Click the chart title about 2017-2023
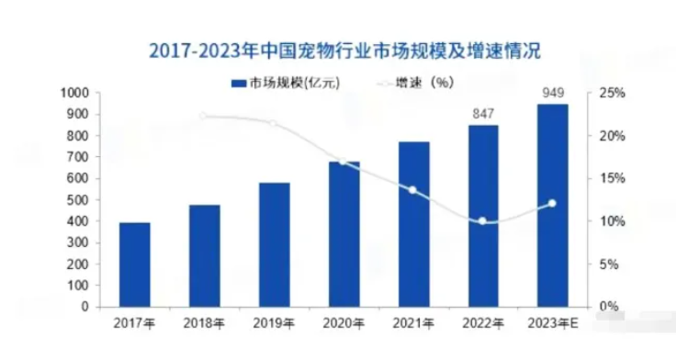pyautogui.click(x=338, y=48)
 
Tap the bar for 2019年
pyautogui.click(x=274, y=244)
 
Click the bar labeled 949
pyautogui.click(x=553, y=205)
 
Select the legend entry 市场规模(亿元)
pyautogui.click(x=285, y=83)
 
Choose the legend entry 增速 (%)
pyautogui.click(x=412, y=83)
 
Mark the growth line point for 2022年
pyautogui.click(x=483, y=221)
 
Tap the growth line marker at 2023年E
pyautogui.click(x=553, y=203)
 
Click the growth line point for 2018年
pyautogui.click(x=204, y=116)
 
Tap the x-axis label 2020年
pyautogui.click(x=344, y=322)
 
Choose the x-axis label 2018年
pyautogui.click(x=204, y=322)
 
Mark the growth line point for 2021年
pyautogui.click(x=413, y=190)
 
